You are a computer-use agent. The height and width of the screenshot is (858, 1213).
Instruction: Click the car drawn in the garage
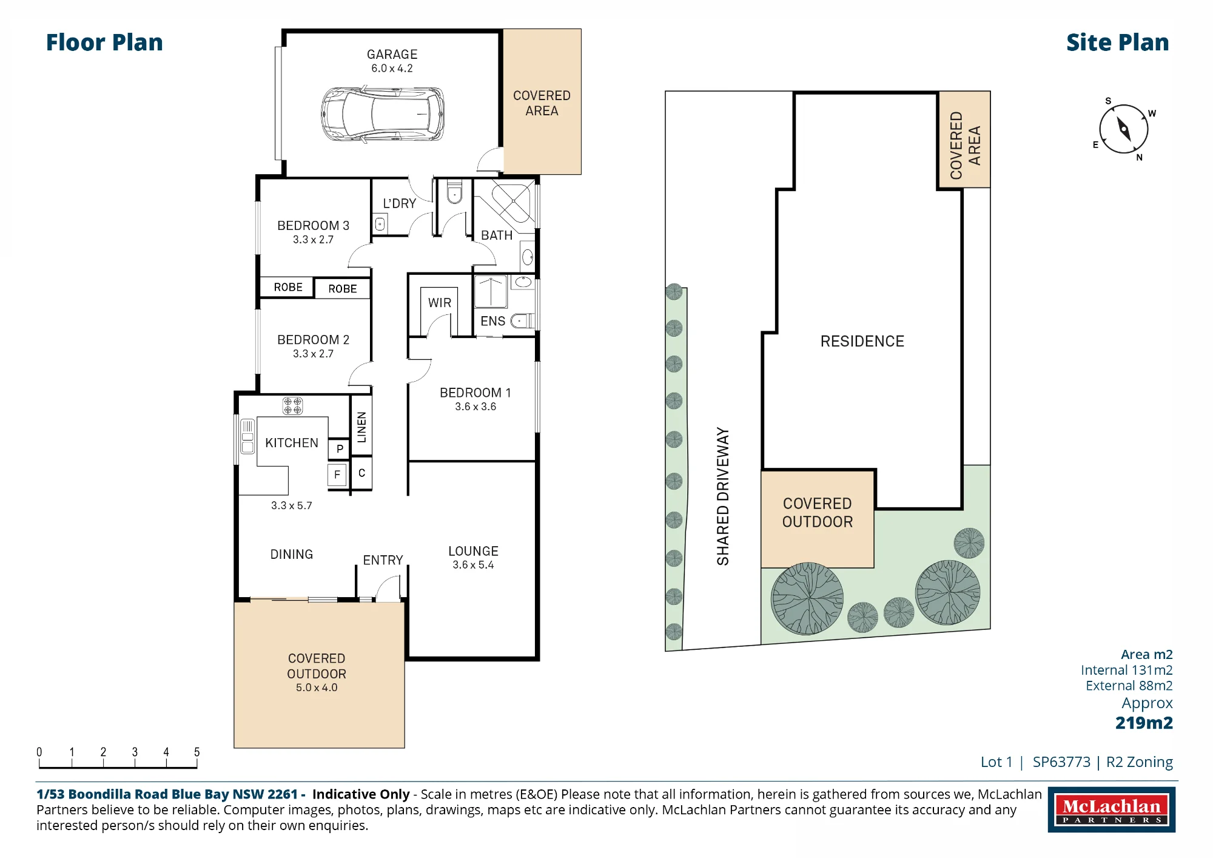(383, 114)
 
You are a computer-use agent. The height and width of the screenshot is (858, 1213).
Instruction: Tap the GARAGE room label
(392, 55)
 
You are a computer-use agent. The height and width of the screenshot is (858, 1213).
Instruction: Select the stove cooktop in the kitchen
(292, 405)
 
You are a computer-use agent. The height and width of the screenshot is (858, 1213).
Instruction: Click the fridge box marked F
(337, 475)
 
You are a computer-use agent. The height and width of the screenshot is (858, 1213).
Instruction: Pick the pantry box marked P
(340, 449)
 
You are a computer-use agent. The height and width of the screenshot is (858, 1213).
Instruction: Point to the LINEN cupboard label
(361, 427)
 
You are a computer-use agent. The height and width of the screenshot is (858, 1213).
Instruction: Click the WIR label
(439, 303)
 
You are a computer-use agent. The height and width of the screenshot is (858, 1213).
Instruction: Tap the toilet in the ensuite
(522, 320)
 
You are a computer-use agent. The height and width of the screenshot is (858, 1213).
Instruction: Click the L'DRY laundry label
(399, 203)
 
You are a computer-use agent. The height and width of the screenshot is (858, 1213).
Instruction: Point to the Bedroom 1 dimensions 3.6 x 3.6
(475, 407)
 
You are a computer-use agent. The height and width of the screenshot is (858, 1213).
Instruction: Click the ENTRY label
(383, 560)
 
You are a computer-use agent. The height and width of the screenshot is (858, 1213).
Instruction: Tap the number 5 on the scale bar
(197, 752)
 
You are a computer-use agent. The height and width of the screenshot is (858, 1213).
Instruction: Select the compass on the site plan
(1124, 129)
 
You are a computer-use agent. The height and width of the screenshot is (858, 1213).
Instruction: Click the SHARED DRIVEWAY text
(722, 496)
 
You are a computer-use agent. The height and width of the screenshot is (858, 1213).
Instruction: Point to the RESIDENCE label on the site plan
(862, 341)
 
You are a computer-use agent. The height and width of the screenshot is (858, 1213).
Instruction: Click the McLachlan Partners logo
(1111, 809)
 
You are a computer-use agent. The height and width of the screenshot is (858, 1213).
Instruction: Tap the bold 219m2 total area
(1144, 723)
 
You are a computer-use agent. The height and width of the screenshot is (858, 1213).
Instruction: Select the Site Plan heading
(1117, 42)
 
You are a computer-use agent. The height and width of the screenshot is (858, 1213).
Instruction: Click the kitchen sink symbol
(247, 436)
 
